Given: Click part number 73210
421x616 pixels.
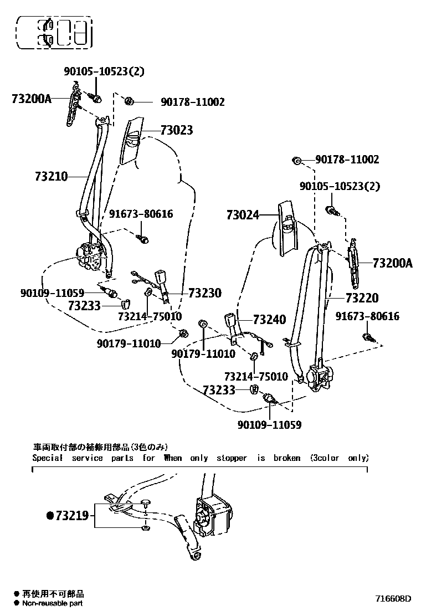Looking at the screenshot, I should click(x=51, y=177).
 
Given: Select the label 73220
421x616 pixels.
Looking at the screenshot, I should click(x=369, y=298).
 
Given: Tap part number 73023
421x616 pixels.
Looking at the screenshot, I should click(x=177, y=130).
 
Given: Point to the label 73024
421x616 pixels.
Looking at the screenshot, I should click(x=243, y=214).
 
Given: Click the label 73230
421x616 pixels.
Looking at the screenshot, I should click(x=204, y=293).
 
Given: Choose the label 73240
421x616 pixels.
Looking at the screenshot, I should click(x=269, y=320).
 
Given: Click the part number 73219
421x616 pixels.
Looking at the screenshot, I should click(x=71, y=516).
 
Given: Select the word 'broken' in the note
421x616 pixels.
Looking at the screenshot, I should click(x=286, y=458).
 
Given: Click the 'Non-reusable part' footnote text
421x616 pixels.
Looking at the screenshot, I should click(x=53, y=603).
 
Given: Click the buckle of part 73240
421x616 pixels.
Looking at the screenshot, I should click(x=231, y=321).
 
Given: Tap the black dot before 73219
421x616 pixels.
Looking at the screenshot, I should click(x=50, y=516).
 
